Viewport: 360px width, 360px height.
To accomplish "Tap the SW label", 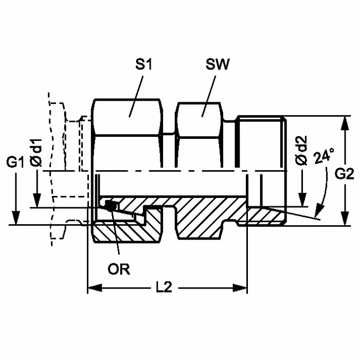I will coord(217,65).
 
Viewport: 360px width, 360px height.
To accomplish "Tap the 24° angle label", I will coord(323,155).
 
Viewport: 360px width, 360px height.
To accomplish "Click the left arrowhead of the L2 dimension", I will coord(93,288).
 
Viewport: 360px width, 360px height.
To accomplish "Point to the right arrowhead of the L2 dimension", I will coord(243,288).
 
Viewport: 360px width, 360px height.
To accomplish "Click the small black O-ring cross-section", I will coord(110,206).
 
